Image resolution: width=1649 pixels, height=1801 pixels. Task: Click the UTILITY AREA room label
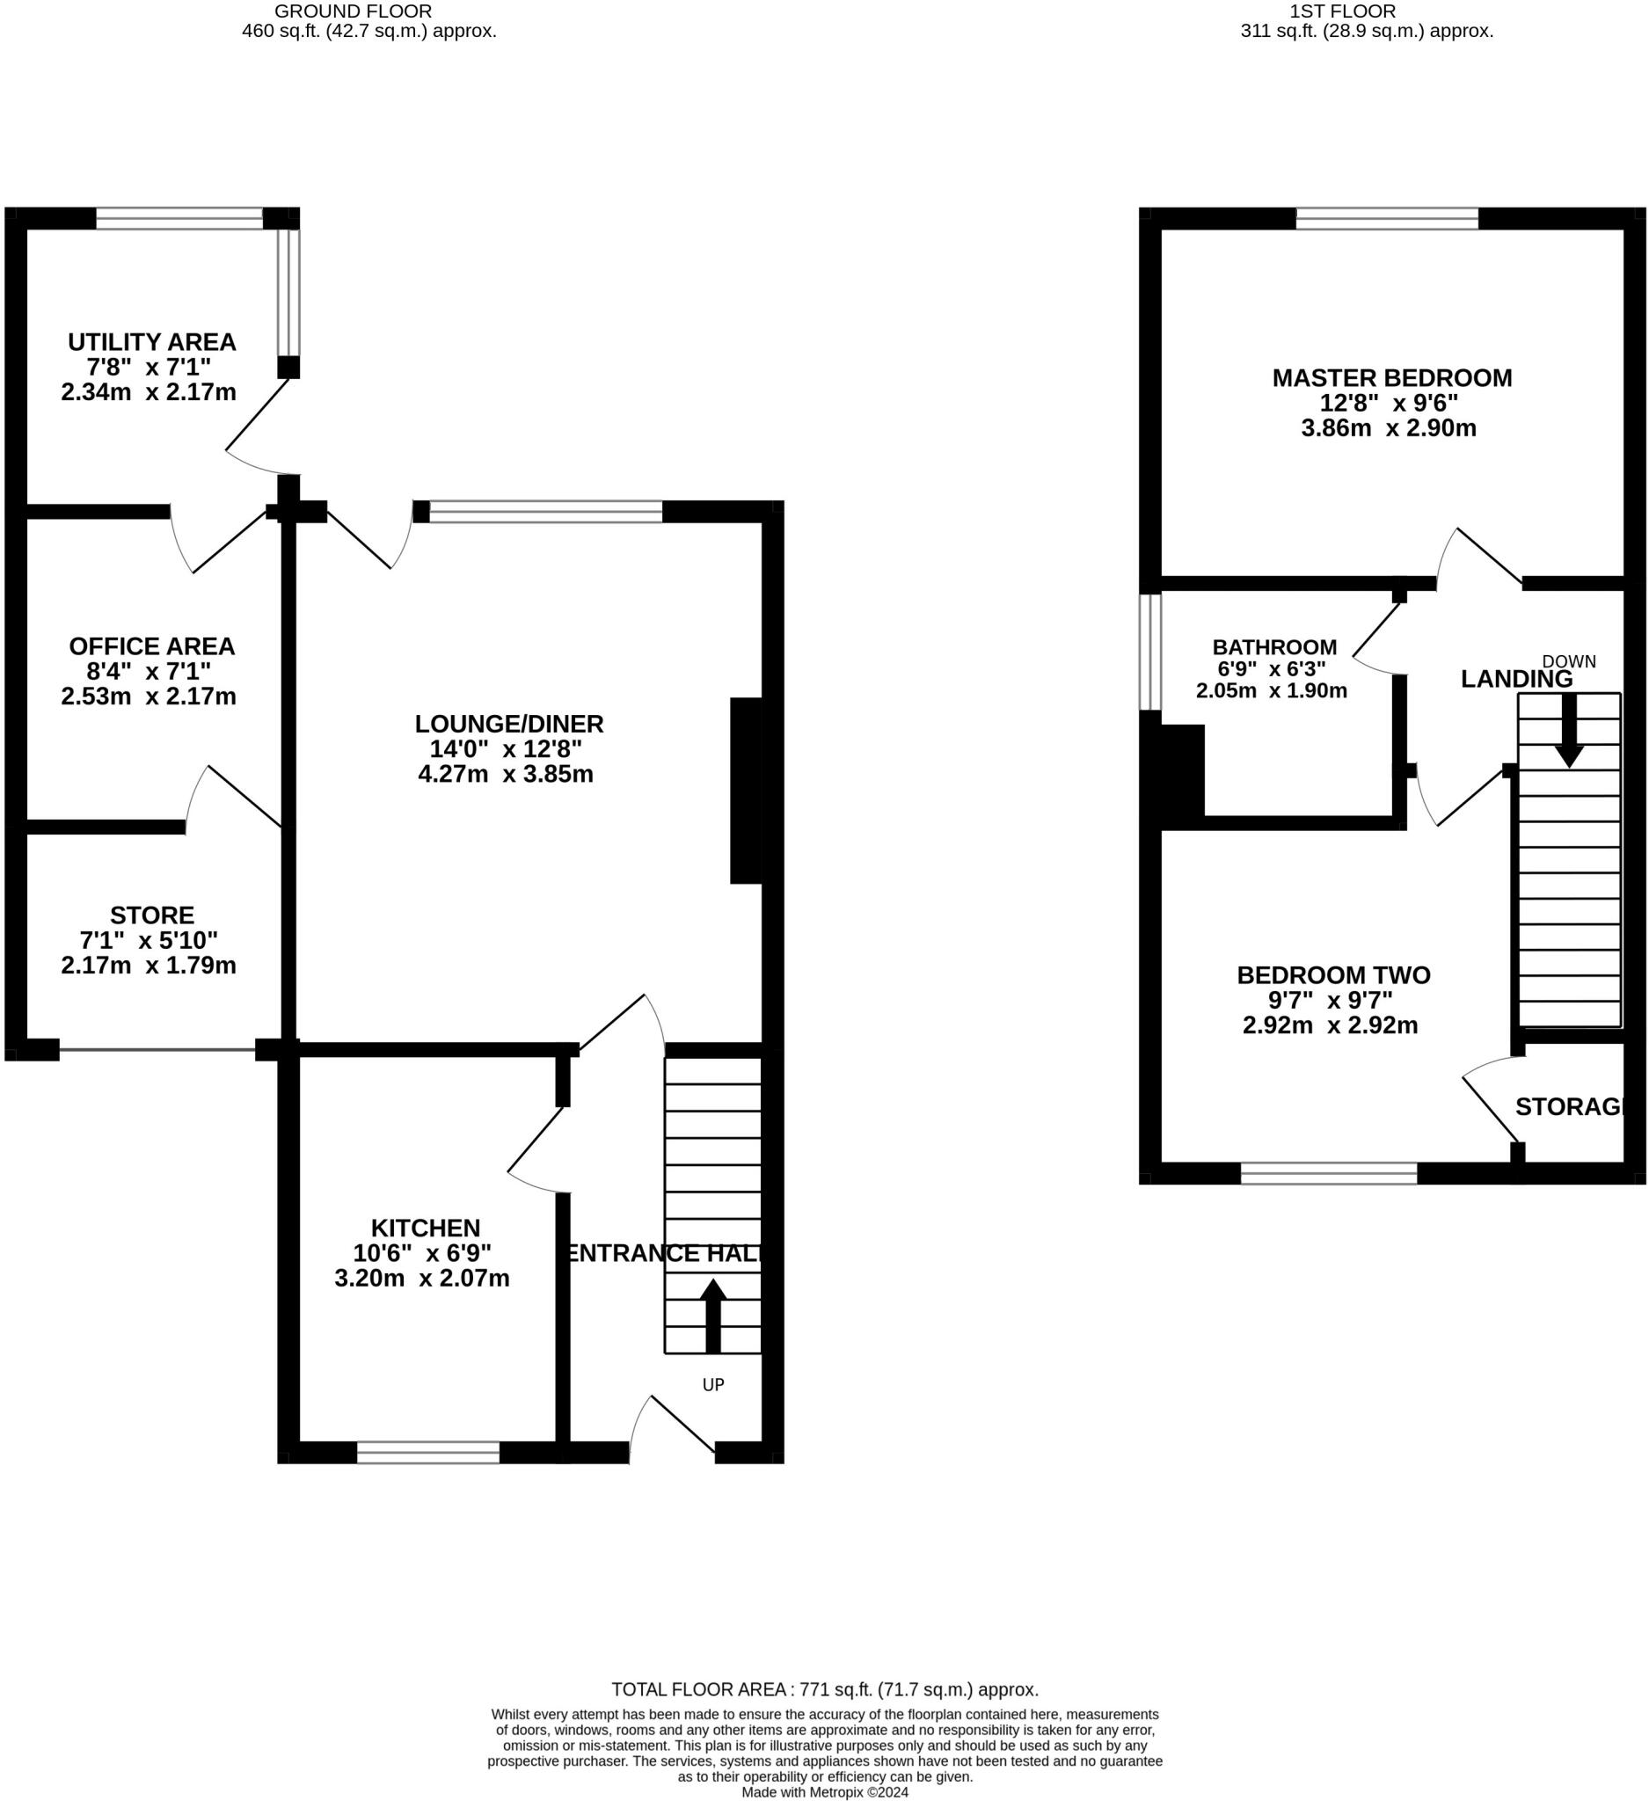point(152,342)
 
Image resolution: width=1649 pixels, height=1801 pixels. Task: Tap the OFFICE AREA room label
point(152,645)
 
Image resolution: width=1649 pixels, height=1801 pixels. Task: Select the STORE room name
point(152,915)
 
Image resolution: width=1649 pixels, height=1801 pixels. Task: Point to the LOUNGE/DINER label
point(509,724)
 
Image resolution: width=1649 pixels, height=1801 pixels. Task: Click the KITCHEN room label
point(425,1228)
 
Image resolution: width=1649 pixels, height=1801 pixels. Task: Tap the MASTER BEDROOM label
point(1392,378)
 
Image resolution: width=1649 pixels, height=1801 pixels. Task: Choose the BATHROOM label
point(1274,646)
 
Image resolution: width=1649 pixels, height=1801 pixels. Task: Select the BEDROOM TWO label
point(1333,974)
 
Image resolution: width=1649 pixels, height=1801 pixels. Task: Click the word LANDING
point(1517,679)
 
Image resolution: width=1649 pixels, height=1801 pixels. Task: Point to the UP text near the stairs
point(713,1385)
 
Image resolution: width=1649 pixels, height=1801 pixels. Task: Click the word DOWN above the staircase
point(1569,662)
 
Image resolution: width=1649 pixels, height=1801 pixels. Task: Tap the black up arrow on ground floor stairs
point(713,1315)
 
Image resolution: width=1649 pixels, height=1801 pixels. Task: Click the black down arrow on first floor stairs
point(1569,731)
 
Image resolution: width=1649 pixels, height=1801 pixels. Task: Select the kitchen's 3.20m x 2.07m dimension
point(421,1279)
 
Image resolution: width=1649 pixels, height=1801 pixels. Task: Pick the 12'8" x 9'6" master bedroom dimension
point(1389,403)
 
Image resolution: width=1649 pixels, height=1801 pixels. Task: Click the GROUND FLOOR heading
point(353,11)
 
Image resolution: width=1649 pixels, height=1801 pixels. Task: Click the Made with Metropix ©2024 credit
point(825,1792)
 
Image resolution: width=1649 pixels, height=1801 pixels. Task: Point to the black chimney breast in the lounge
point(746,791)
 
